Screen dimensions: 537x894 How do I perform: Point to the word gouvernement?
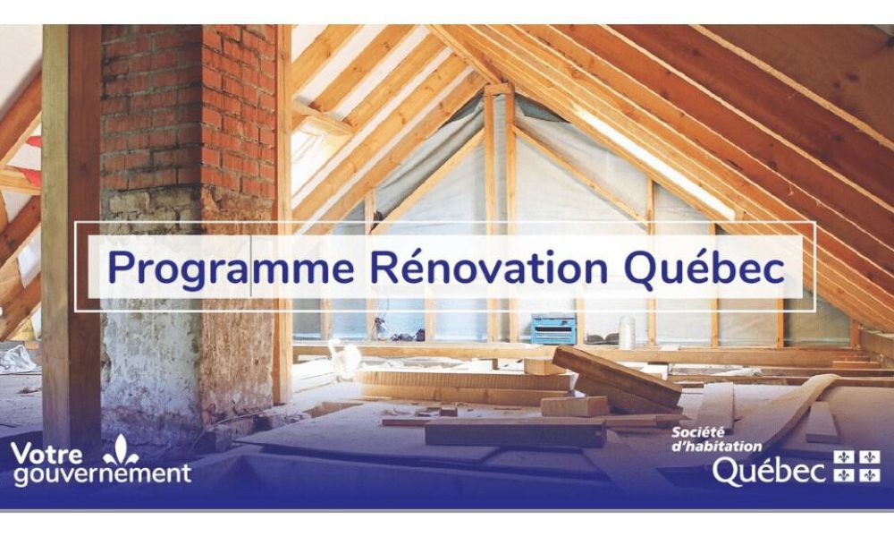point(101,474)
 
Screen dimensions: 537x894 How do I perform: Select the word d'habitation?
point(717,446)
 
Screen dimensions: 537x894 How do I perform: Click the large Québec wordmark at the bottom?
point(769,470)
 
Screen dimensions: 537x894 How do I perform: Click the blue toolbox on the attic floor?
point(553,330)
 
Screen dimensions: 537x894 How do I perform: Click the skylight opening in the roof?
point(662,161)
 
